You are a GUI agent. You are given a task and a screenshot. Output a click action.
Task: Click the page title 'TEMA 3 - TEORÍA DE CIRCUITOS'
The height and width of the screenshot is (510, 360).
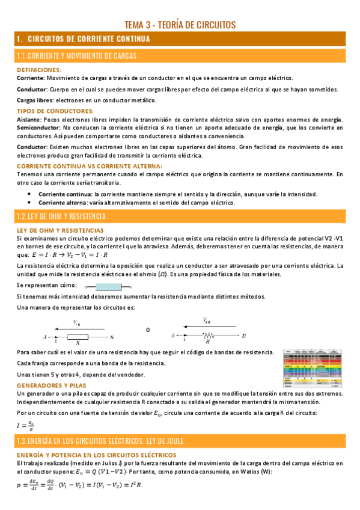[x=180, y=25]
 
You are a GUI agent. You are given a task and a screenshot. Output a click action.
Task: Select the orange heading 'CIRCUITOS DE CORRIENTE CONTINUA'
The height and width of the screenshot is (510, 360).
[x=93, y=39]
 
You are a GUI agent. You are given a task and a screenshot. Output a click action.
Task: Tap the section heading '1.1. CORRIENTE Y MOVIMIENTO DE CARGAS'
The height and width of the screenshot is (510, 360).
[x=78, y=56]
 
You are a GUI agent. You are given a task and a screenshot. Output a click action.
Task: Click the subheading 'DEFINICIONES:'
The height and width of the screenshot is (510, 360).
[x=41, y=70]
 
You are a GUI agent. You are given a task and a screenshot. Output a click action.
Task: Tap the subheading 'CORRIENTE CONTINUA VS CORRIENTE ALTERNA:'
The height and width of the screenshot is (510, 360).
[x=90, y=166]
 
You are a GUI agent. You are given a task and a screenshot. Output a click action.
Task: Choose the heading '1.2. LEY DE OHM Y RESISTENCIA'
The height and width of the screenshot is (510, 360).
[x=62, y=216]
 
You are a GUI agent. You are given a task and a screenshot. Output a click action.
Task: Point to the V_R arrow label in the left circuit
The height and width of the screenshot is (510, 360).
[x=77, y=323]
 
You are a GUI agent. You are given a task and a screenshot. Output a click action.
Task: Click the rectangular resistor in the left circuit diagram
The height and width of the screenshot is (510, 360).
[x=78, y=337]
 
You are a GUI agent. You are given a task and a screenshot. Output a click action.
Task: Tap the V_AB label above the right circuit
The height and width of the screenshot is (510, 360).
[x=207, y=321]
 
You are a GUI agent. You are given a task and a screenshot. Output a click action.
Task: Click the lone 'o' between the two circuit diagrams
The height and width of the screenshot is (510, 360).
[x=148, y=330]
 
